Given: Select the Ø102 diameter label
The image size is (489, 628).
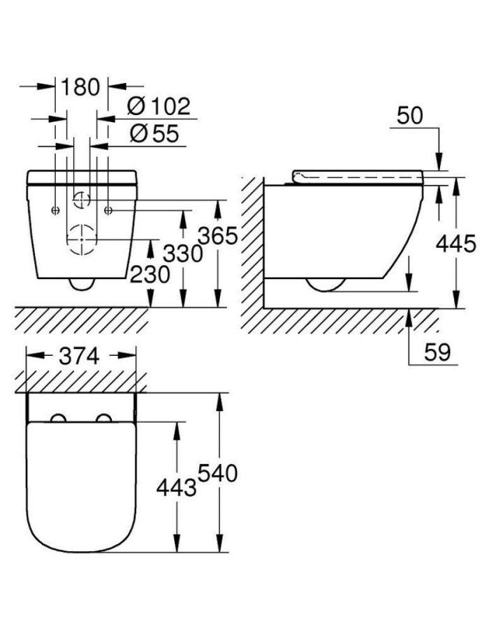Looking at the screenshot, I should point(159,107).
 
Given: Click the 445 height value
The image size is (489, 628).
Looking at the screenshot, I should point(455,244).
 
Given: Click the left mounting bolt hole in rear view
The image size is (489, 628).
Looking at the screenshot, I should point(55,209).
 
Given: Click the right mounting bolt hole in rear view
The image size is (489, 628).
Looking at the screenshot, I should point(108,209).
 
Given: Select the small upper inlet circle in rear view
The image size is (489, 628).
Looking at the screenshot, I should point(82,200).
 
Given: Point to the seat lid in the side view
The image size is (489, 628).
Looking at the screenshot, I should point(356,174).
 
